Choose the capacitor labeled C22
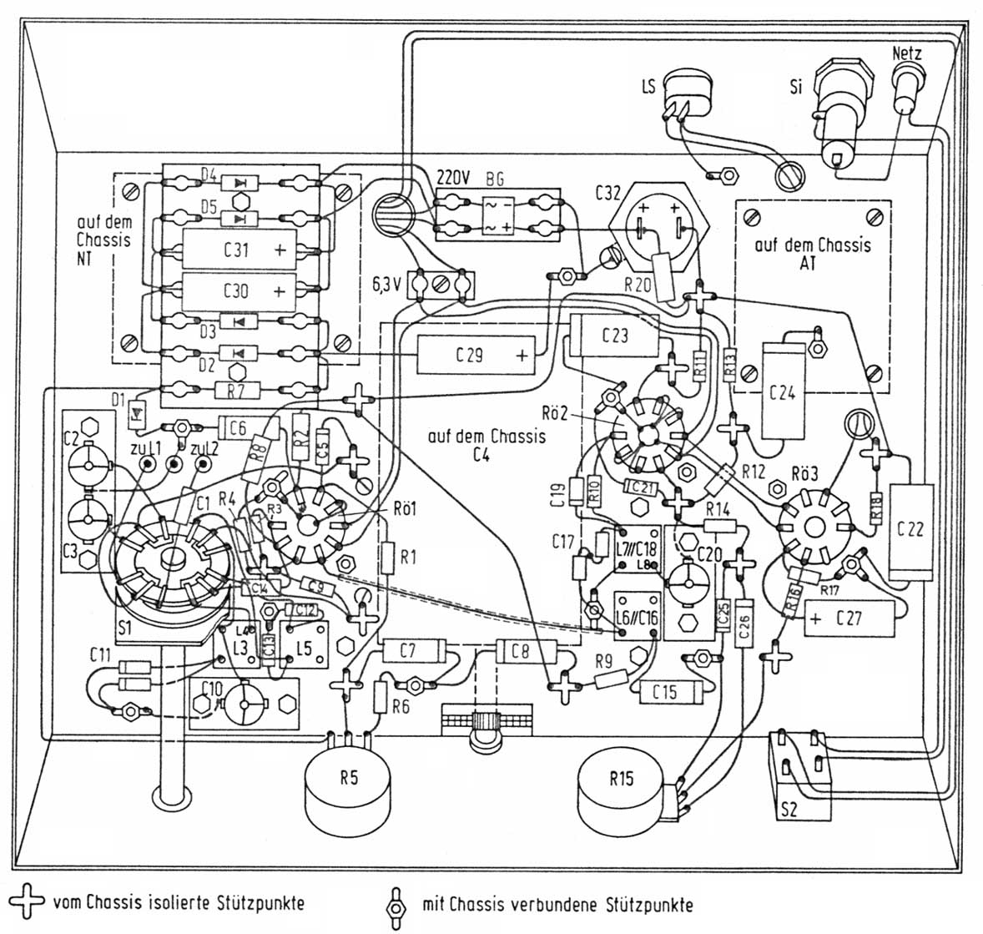coord(910,530)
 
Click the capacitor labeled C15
coord(664,691)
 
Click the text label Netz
coord(907,53)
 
